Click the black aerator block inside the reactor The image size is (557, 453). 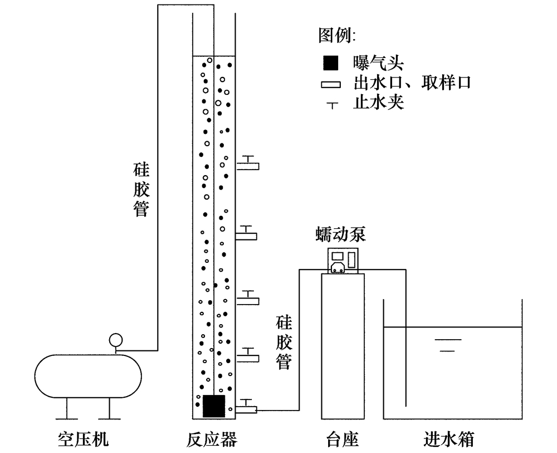click(x=213, y=406)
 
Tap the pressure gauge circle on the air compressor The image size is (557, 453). click(x=116, y=339)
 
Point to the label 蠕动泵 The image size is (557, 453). click(x=340, y=234)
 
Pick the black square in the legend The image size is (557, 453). click(x=330, y=62)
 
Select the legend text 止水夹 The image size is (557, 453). click(x=378, y=103)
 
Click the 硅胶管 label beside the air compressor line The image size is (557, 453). click(x=140, y=189)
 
